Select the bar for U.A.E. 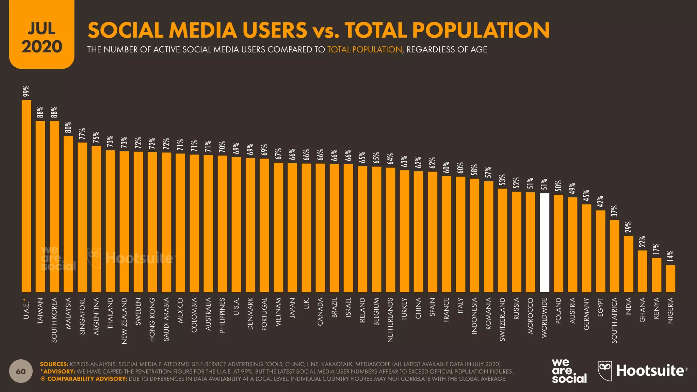coord(27,196)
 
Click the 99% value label coord(26,92)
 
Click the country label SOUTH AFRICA coord(614,320)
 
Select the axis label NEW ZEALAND coord(124,321)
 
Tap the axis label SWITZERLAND coord(502,319)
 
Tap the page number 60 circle coord(21,371)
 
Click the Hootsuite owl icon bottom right coord(605,371)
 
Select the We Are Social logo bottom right coord(569,371)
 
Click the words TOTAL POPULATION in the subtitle coord(364,50)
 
